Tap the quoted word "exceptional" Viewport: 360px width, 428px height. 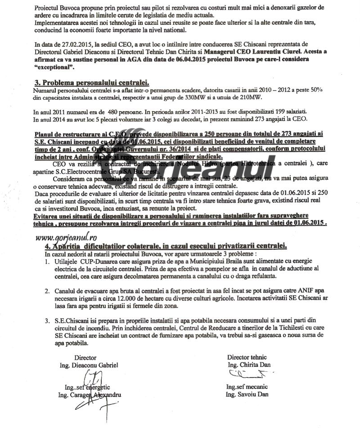(54, 67)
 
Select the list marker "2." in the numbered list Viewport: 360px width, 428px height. (47, 292)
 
